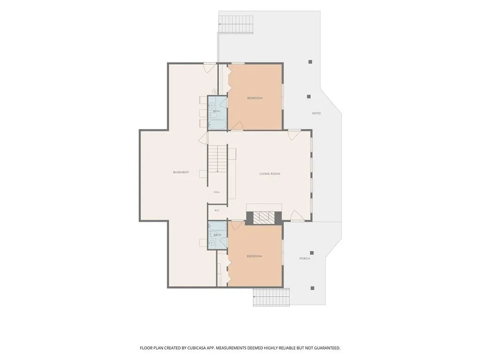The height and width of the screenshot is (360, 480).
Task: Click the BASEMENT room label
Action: coord(181,172)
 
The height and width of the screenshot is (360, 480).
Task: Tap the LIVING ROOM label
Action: coord(270,174)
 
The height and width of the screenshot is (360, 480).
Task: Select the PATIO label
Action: coord(316,113)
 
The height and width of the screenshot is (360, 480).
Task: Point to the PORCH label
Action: coord(305,259)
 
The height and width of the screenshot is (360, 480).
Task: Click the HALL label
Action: coord(217,192)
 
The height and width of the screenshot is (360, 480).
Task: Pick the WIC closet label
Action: coord(217,210)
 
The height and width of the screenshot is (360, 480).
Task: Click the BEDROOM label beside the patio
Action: coord(255,98)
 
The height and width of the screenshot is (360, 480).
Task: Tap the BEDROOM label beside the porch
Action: coord(255,256)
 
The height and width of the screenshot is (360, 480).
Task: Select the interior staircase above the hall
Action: coord(217,159)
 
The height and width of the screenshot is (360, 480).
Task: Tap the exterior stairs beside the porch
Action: coord(271,297)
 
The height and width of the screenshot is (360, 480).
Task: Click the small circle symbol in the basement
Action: coord(215,91)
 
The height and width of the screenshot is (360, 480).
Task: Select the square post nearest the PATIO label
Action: coord(309,97)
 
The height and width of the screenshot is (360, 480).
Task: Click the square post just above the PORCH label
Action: coord(312,253)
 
